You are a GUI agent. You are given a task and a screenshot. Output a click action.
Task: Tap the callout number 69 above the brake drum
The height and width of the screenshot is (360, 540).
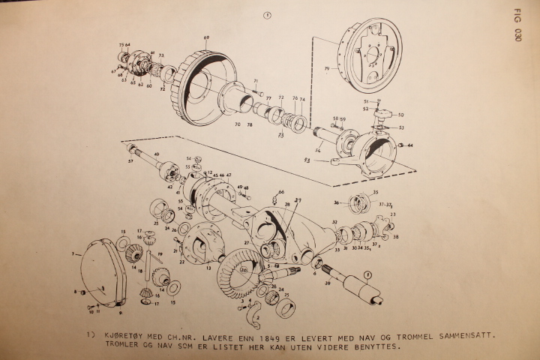[206, 37]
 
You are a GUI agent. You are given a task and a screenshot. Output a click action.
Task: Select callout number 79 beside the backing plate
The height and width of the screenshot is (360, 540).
[327, 70]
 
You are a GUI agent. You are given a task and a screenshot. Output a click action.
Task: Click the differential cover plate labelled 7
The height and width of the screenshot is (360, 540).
[100, 274]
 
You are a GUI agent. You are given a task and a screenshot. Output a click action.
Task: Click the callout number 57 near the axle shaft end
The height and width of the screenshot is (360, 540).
[130, 160]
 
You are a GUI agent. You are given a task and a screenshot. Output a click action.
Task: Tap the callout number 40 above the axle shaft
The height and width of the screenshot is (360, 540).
[157, 155]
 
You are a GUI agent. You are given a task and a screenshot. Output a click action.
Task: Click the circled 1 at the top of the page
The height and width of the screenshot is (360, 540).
[268, 14]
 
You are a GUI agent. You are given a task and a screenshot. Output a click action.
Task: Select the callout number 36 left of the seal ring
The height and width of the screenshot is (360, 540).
[337, 202]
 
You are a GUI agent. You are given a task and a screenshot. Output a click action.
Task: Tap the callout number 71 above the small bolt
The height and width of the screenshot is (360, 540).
[255, 81]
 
